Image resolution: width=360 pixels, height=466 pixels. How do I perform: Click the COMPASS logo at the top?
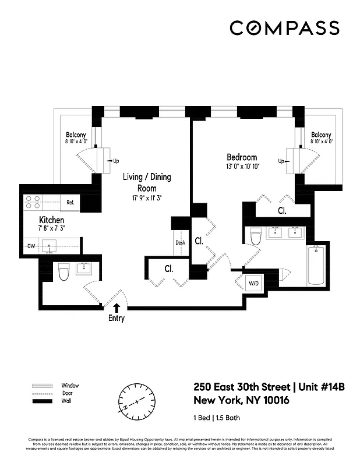[284, 28]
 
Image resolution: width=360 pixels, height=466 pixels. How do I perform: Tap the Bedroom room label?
[242, 157]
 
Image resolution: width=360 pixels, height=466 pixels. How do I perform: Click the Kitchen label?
[51, 220]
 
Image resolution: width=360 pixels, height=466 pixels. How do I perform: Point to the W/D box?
[255, 284]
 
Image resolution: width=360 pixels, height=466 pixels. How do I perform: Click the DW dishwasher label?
[31, 246]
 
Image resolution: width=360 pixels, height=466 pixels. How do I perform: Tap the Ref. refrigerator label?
[70, 202]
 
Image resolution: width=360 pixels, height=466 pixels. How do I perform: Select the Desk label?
[180, 243]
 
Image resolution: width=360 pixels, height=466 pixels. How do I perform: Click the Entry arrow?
[117, 308]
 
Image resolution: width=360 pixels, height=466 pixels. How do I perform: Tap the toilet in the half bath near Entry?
[64, 271]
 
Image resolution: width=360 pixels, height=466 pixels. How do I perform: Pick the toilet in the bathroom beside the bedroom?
[255, 236]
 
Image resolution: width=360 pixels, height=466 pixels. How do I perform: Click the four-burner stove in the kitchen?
[33, 202]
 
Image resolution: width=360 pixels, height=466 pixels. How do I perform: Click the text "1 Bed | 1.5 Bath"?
[217, 418]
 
